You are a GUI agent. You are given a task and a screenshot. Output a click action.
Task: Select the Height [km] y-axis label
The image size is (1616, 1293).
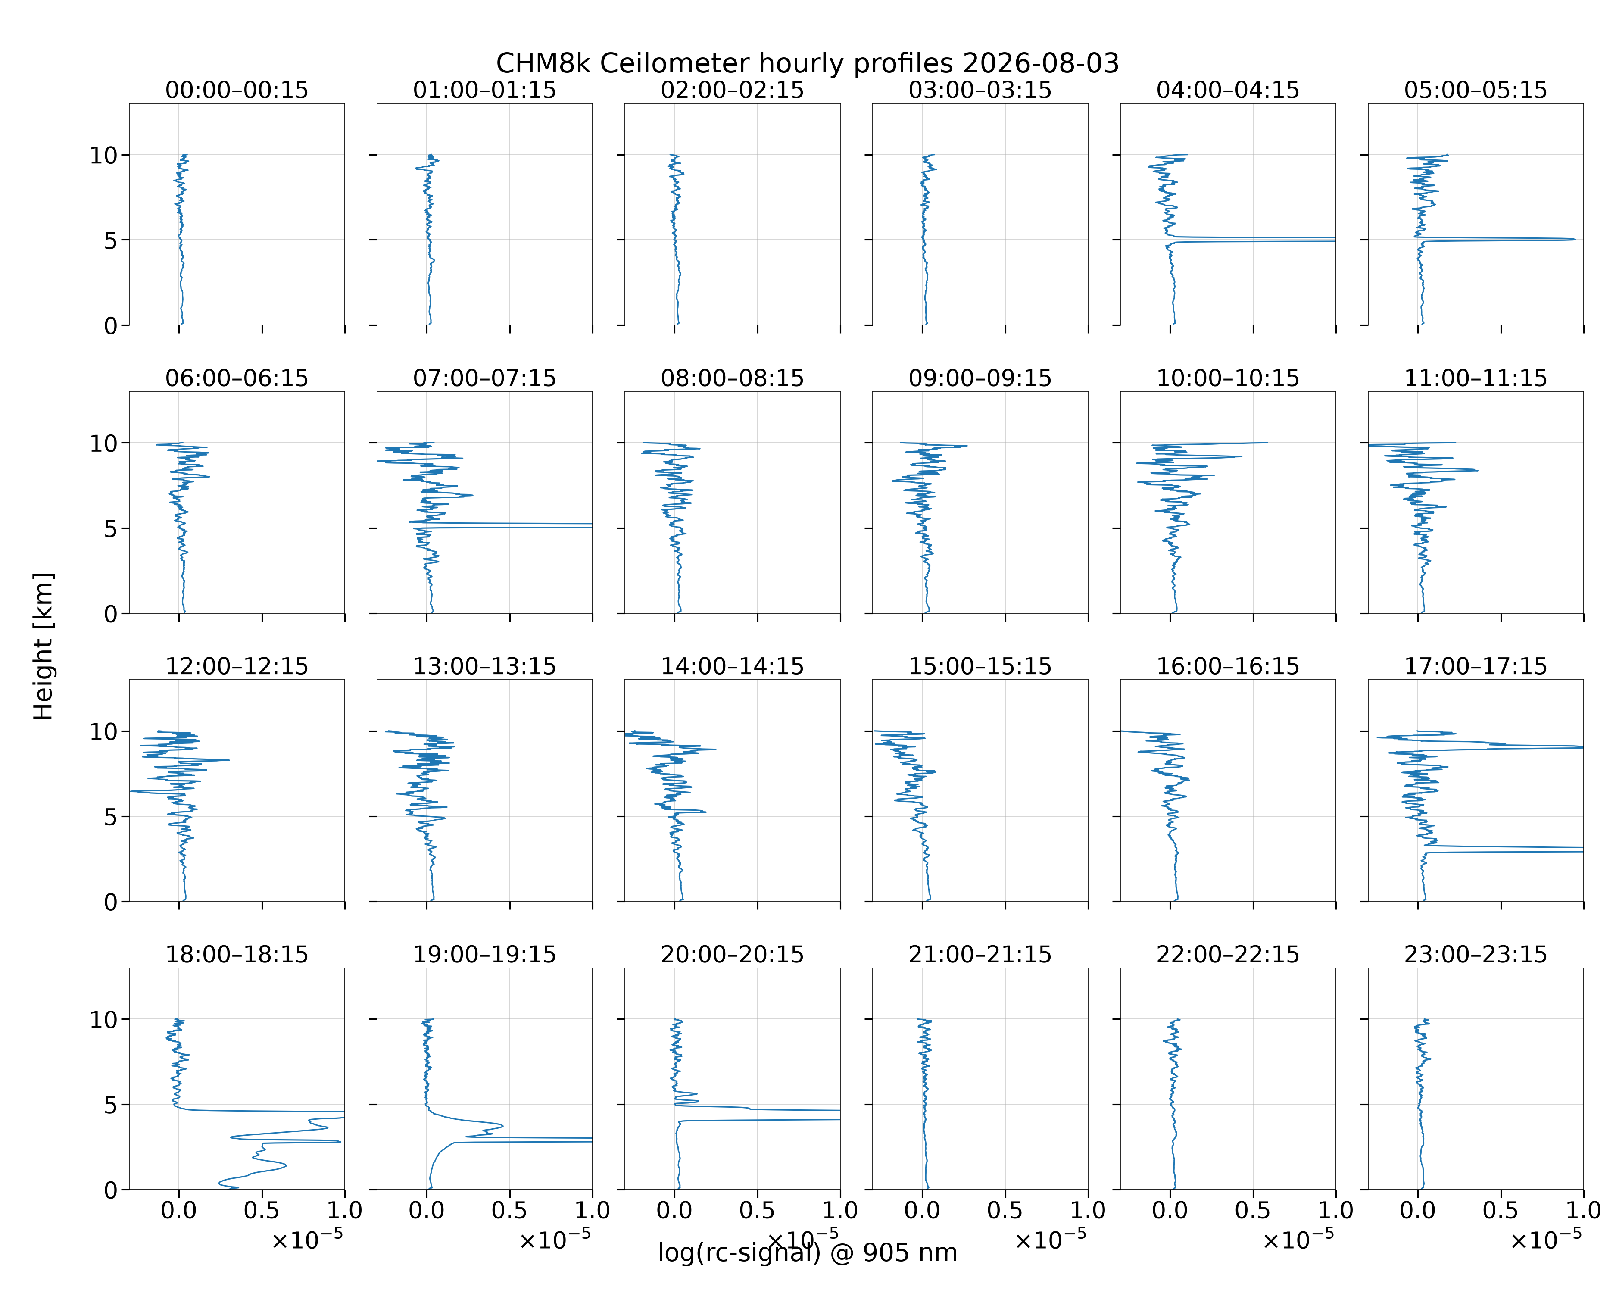tap(44, 646)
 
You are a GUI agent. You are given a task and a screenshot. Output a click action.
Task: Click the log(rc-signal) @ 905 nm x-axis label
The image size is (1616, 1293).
tap(807, 1252)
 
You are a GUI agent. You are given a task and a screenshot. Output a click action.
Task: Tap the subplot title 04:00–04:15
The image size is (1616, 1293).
tap(1228, 90)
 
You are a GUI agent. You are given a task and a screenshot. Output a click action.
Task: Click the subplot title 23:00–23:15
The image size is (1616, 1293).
tap(1475, 954)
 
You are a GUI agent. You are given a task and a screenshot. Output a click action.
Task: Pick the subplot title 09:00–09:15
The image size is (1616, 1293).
tap(980, 378)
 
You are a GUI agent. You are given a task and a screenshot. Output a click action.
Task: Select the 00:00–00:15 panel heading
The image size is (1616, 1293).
tap(237, 90)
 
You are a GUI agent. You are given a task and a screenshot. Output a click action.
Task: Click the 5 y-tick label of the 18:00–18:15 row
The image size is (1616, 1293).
tap(111, 1105)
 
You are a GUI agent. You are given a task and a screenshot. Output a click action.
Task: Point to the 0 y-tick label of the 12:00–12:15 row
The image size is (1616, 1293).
tap(111, 902)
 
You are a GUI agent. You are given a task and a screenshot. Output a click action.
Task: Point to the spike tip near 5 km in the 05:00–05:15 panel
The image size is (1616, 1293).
tap(1575, 239)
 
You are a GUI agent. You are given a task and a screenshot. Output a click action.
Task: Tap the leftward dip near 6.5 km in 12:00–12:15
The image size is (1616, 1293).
tap(131, 791)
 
